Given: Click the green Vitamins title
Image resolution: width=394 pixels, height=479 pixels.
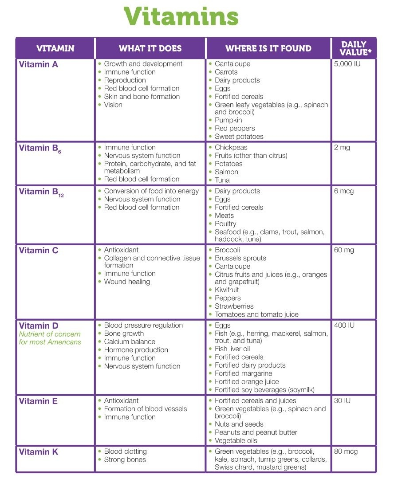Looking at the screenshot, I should click(181, 17).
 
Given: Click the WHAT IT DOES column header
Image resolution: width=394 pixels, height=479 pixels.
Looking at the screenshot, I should click(150, 48).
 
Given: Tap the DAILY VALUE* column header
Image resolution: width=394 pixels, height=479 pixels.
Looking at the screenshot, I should click(354, 48).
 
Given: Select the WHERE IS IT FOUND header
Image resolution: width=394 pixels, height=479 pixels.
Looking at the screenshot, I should click(268, 48).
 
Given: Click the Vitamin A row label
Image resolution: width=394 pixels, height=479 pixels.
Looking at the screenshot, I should click(39, 64).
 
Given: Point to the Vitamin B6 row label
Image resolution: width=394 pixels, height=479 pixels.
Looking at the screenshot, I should click(39, 149).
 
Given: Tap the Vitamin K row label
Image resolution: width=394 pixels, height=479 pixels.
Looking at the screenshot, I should click(39, 452).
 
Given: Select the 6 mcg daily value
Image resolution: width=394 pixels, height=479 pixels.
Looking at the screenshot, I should click(344, 191).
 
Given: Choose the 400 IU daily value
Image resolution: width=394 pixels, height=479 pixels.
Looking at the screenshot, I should click(344, 325).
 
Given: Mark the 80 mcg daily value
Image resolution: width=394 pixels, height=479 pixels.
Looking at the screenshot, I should click(346, 452).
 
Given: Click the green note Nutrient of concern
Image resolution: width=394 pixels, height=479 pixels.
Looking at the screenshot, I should click(50, 334).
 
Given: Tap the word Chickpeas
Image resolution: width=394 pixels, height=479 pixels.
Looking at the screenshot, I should click(231, 147).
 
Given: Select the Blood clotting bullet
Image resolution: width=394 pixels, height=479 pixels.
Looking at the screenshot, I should click(125, 452).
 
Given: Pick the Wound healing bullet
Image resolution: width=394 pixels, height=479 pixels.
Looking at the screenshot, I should click(127, 282).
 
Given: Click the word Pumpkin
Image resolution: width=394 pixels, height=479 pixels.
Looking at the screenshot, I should click(229, 120).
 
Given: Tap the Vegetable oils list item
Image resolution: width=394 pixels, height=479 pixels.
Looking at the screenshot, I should click(236, 440).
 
